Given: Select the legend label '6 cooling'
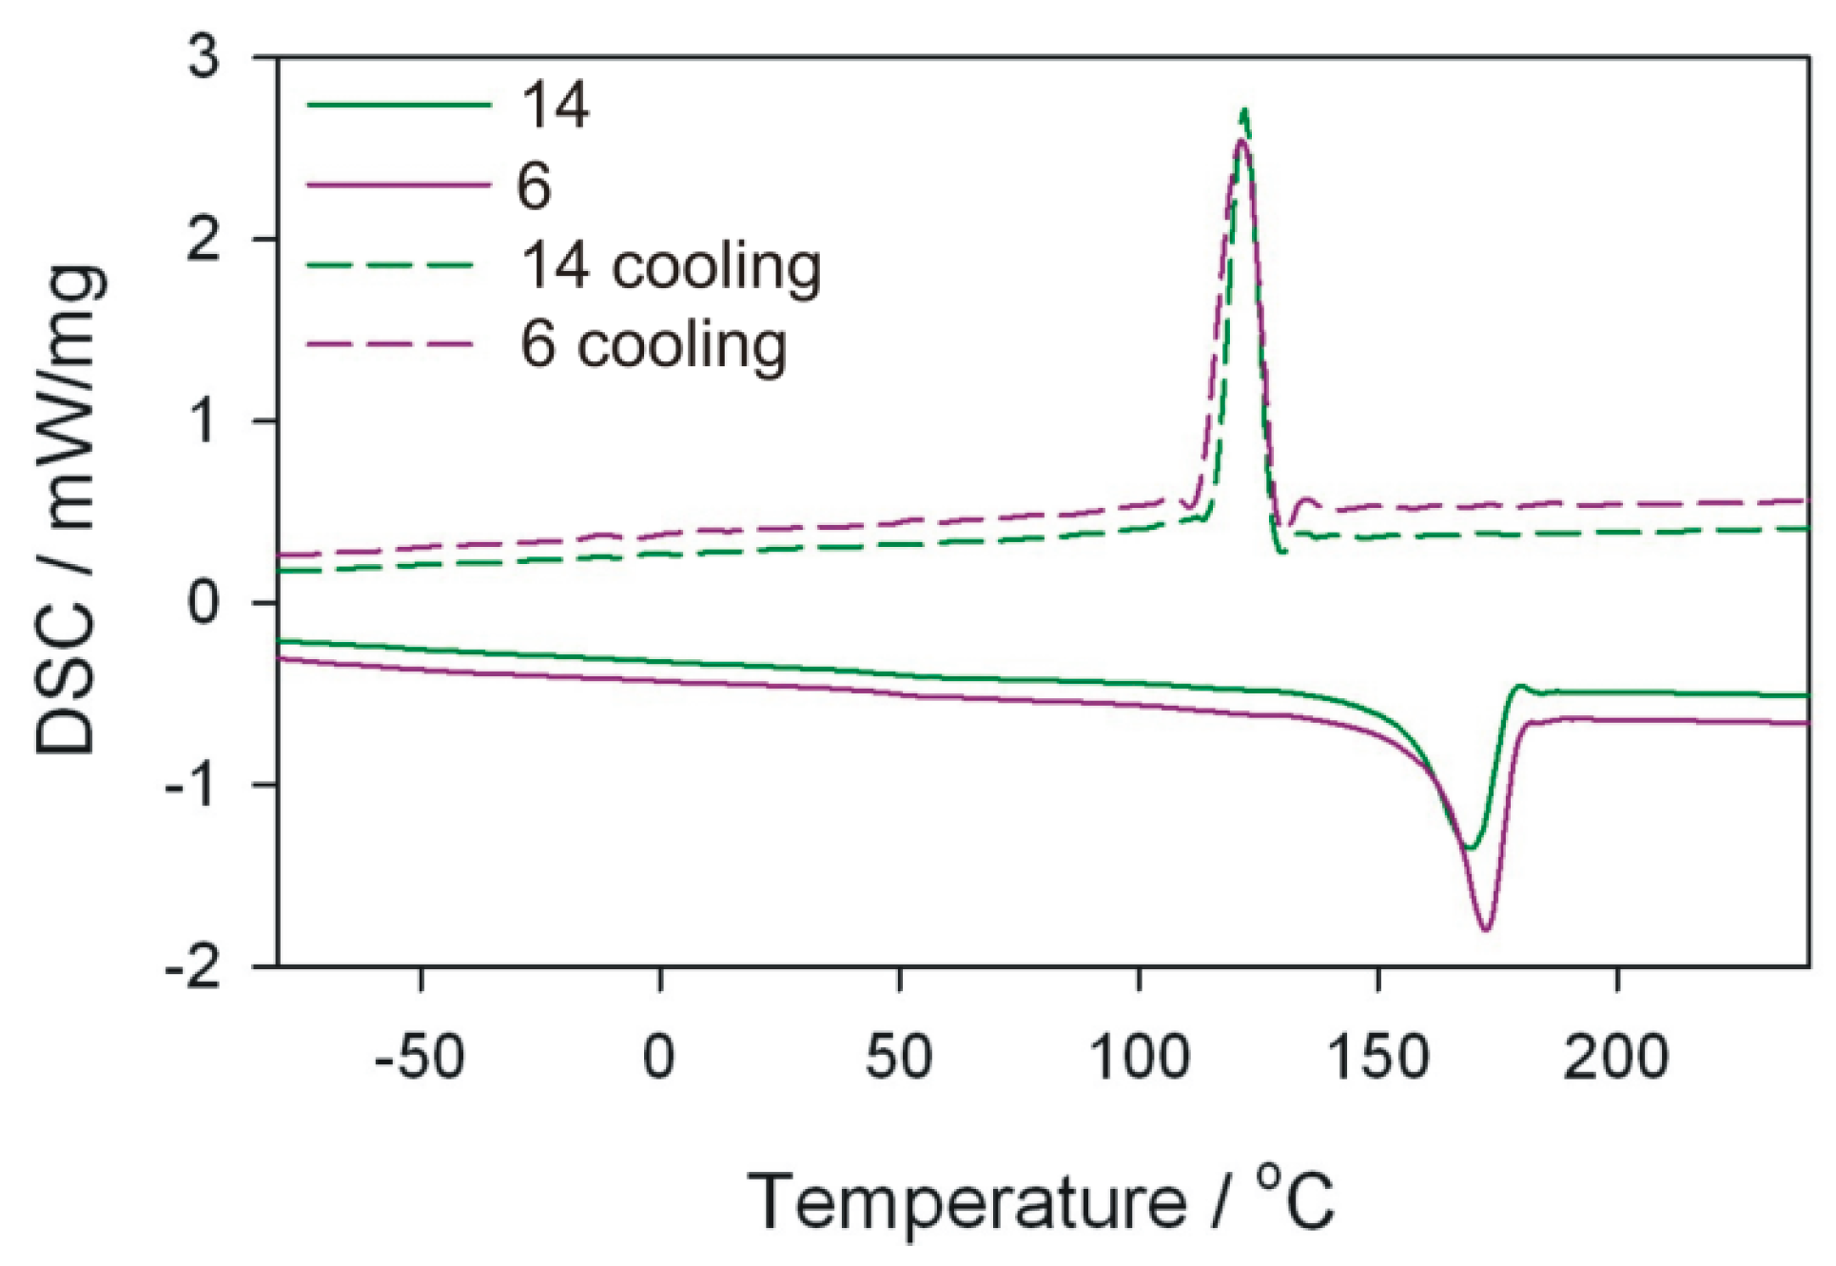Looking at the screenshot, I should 653,344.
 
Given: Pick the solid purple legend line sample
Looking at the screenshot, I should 400,185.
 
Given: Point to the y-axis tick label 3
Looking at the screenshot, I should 204,56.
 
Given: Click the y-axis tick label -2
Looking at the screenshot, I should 192,968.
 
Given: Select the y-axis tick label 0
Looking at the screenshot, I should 204,603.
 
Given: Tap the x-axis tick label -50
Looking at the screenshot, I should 420,1057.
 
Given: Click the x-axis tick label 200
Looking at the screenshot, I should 1616,1057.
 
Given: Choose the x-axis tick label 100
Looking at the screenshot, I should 1139,1057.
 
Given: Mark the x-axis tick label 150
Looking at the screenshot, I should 1377,1057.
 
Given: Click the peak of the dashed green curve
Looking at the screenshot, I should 1244,110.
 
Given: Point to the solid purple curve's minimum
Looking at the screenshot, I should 1486,928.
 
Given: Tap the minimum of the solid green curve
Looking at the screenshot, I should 1470,847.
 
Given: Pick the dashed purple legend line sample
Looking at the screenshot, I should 390,344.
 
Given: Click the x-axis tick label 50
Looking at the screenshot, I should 899,1057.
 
